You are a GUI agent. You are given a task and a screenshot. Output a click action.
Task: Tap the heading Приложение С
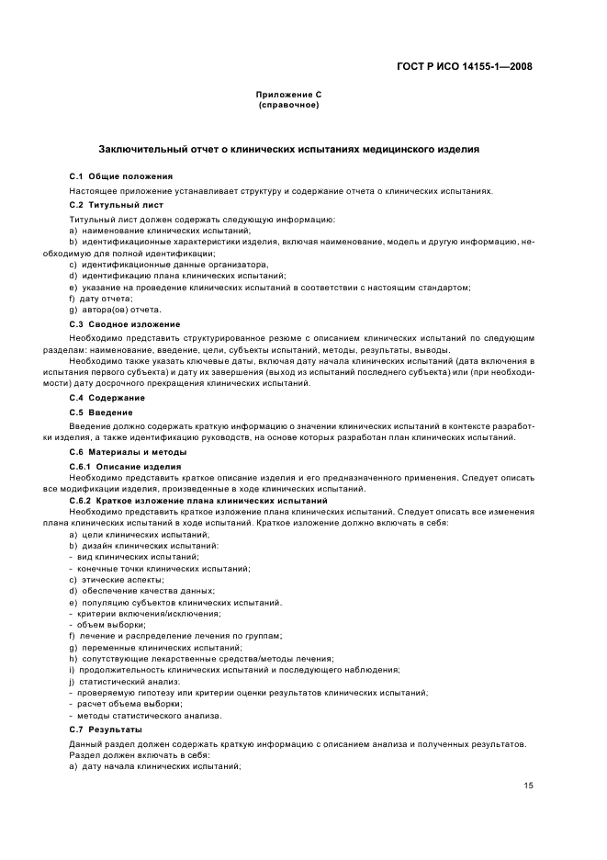point(288,96)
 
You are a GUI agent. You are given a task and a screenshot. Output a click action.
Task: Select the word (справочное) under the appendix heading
point(288,106)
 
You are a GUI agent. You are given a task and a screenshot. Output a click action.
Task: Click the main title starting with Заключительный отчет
point(288,150)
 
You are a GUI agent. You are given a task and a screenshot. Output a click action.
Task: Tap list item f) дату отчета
point(101,299)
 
